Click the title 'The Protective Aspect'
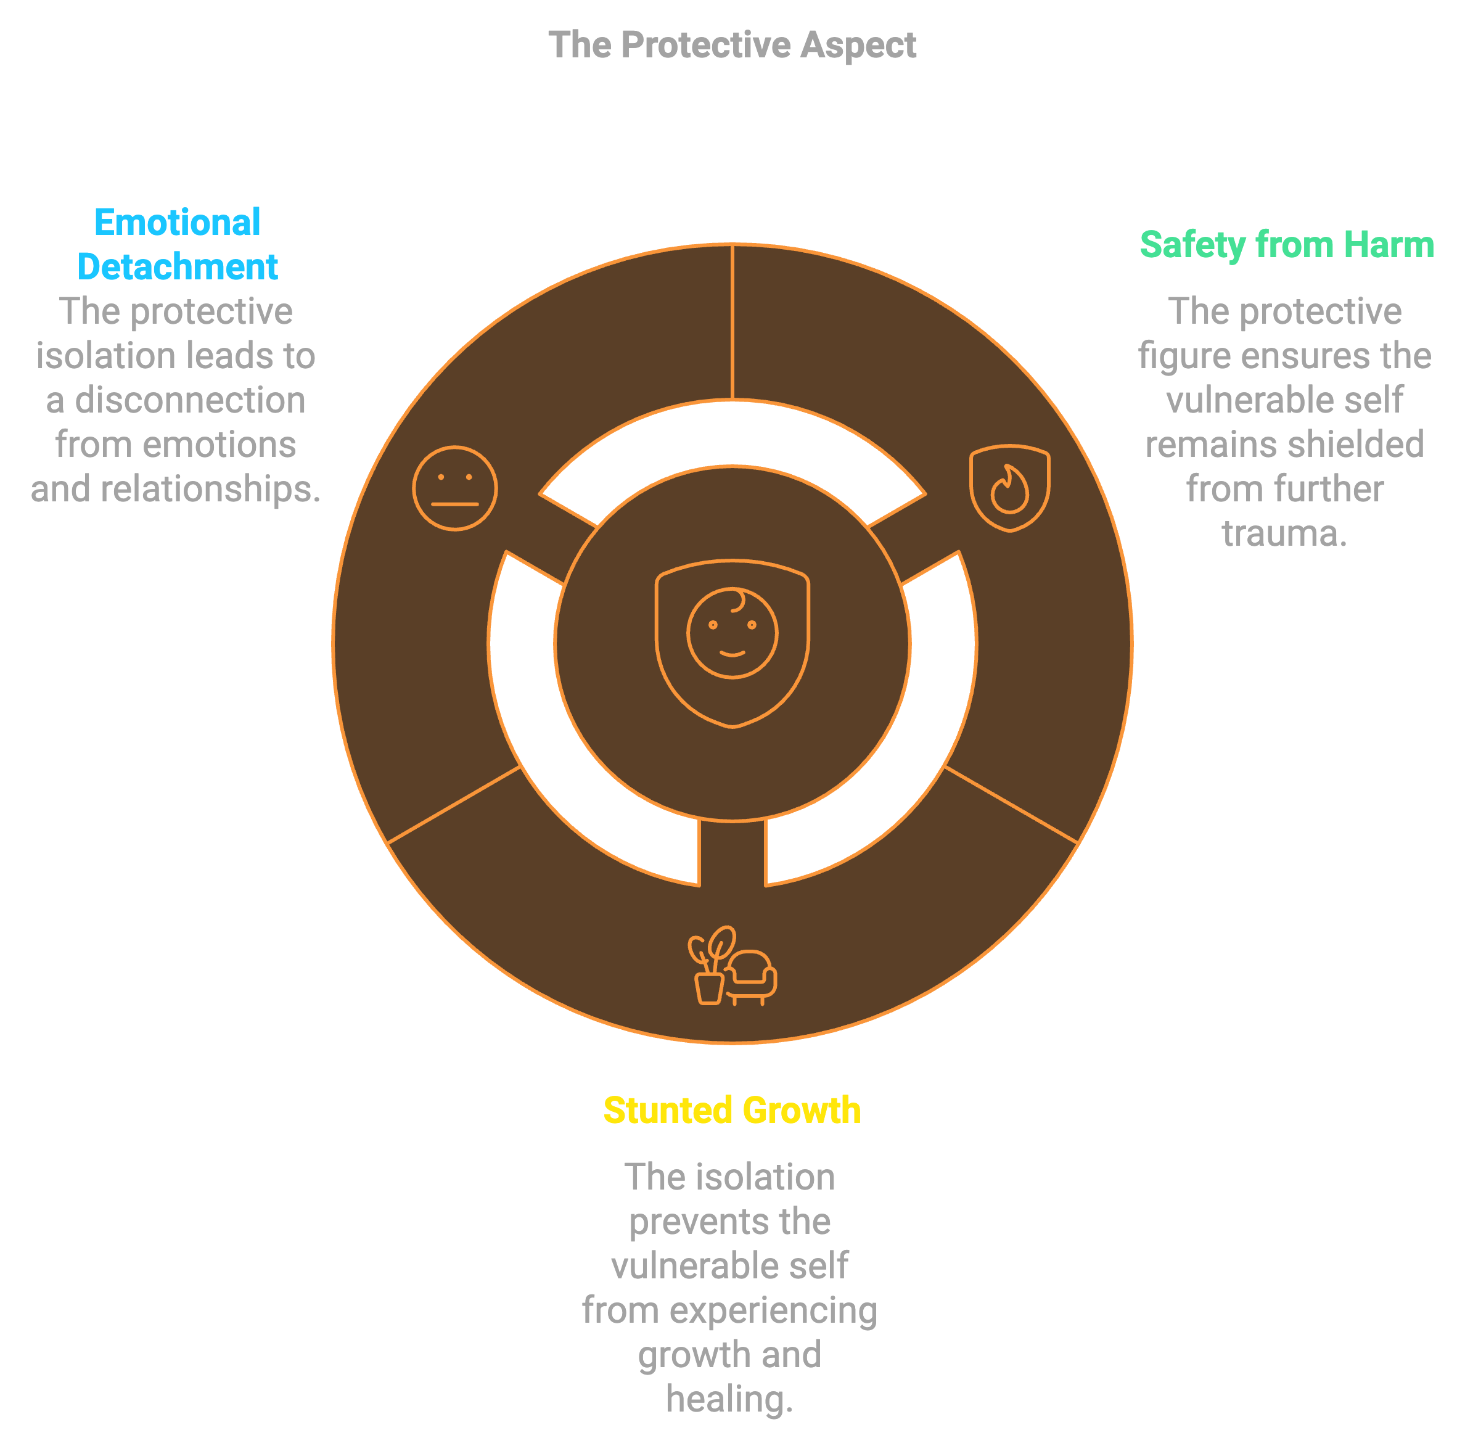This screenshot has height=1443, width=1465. [732, 45]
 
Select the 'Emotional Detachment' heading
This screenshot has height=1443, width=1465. [178, 245]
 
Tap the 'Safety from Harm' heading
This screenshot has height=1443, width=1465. [1286, 245]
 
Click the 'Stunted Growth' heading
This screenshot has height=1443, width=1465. [732, 1110]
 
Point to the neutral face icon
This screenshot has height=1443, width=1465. [455, 488]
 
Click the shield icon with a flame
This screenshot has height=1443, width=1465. [1009, 488]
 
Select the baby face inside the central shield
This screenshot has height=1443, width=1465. [732, 632]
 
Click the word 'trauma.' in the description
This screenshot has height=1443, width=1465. [1284, 533]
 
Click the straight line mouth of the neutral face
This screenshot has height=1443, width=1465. [455, 504]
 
